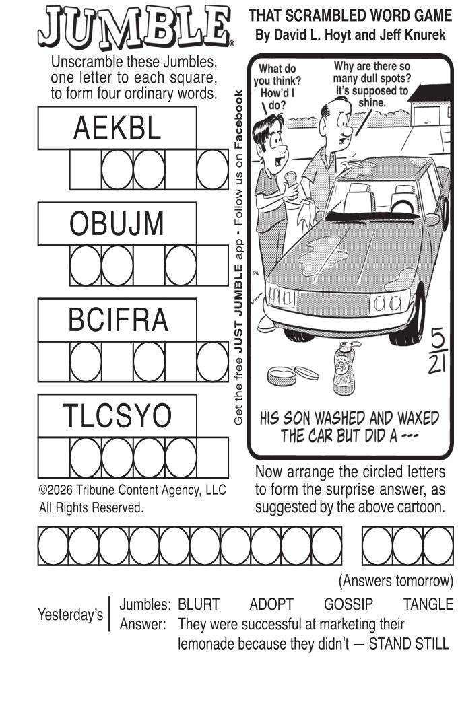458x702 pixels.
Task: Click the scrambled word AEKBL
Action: (117, 128)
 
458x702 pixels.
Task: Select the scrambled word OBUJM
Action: (117, 223)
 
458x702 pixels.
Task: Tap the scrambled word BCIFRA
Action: (118, 320)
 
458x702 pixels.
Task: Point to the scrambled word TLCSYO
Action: (117, 415)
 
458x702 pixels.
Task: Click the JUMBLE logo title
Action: (135, 28)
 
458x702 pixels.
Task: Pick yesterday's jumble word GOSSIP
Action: (348, 604)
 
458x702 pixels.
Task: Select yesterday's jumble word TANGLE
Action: (428, 604)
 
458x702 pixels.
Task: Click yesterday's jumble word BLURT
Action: (199, 604)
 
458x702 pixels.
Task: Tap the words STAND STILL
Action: (409, 644)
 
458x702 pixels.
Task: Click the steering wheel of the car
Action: (402, 205)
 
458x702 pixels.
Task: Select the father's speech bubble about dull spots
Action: (372, 85)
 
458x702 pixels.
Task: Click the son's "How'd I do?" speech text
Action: (277, 87)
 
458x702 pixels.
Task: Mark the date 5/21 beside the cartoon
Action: (436, 351)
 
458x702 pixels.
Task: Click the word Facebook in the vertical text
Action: (238, 120)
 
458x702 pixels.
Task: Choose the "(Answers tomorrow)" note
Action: (396, 581)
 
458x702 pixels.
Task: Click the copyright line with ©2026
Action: (132, 490)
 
